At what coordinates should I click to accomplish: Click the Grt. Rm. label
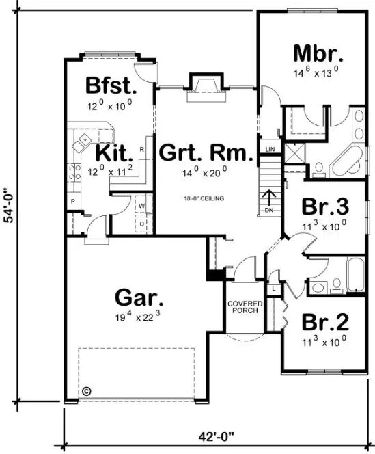click(206, 152)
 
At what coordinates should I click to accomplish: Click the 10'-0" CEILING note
click(204, 199)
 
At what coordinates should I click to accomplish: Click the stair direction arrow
click(268, 198)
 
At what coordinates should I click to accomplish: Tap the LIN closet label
click(269, 149)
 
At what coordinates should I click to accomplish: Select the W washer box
click(142, 205)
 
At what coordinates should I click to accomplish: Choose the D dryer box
click(142, 222)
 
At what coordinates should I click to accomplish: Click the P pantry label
click(72, 202)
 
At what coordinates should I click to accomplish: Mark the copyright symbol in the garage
click(87, 392)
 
